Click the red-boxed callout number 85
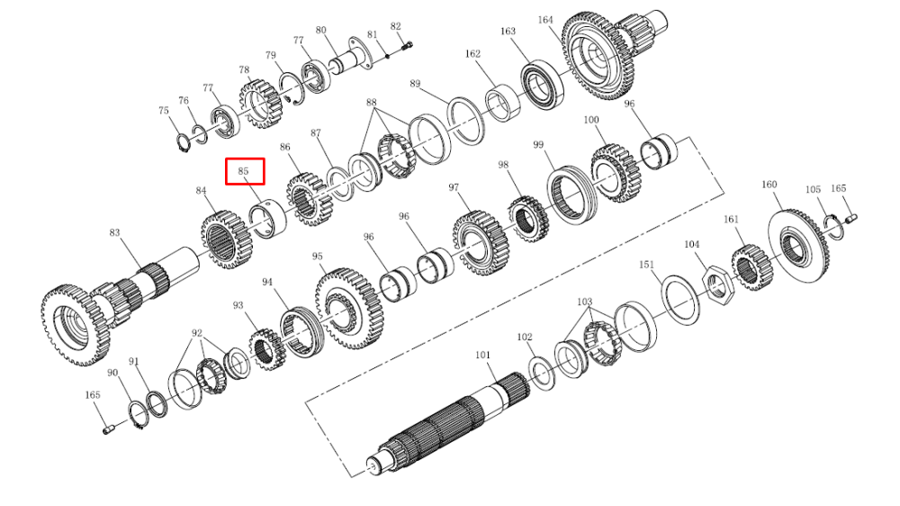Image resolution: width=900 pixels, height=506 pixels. [243, 171]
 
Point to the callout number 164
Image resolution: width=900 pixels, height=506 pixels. [545, 20]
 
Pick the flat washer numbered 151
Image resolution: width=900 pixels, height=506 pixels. [680, 299]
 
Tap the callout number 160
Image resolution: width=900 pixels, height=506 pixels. [769, 185]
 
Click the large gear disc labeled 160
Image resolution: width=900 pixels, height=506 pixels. [798, 246]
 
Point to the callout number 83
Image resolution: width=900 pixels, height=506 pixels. [115, 232]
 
